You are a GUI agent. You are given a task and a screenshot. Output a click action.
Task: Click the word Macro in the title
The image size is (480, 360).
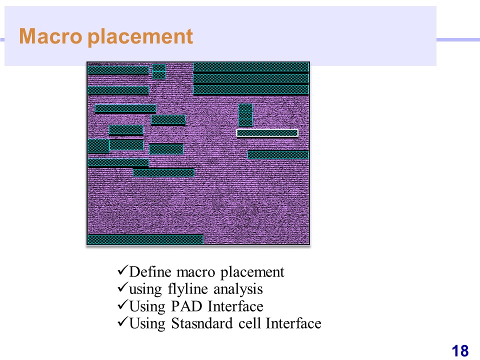pyautogui.click(x=50, y=36)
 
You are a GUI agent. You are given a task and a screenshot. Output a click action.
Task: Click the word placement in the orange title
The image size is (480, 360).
pyautogui.click(x=140, y=37)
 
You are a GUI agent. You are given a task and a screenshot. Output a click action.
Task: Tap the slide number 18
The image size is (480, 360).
pyautogui.click(x=460, y=351)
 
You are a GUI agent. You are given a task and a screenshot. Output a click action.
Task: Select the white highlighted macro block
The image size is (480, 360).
pyautogui.click(x=267, y=133)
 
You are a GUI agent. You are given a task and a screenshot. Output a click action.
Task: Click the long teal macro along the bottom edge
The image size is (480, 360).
pyautogui.click(x=145, y=239)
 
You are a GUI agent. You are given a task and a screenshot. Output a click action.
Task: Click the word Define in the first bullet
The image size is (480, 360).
pyautogui.click(x=150, y=272)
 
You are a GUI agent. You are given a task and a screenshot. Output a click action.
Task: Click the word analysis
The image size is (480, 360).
pyautogui.click(x=238, y=289)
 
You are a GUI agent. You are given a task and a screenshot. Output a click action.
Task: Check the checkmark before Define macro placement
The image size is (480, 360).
pyautogui.click(x=122, y=270)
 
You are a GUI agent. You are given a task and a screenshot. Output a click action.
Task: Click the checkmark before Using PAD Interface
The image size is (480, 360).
pyautogui.click(x=122, y=305)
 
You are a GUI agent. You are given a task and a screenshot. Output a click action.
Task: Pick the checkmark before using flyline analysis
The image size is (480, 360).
pyautogui.click(x=122, y=288)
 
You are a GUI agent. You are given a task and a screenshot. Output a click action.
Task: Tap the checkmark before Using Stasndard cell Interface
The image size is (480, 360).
pyautogui.click(x=122, y=322)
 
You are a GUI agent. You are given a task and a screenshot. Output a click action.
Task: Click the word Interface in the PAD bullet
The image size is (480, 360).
pyautogui.click(x=235, y=306)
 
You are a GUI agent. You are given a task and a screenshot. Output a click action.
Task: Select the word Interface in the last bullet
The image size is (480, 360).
pyautogui.click(x=293, y=323)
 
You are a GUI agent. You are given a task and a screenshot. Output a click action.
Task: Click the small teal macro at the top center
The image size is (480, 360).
pyautogui.click(x=159, y=71)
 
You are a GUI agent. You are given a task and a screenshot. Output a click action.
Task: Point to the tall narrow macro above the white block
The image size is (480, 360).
pyautogui.click(x=245, y=115)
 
